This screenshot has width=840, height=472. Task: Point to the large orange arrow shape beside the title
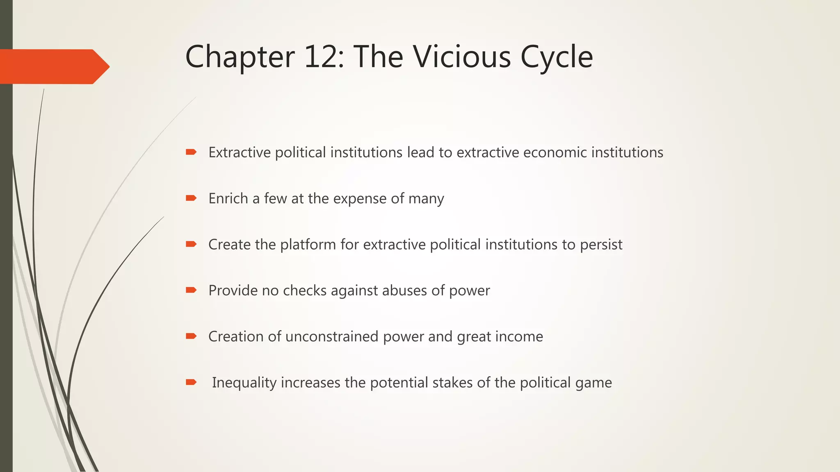pyautogui.click(x=53, y=66)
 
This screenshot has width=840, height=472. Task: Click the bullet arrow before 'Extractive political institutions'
pyautogui.click(x=191, y=152)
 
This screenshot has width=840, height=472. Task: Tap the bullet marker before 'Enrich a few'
pyautogui.click(x=191, y=198)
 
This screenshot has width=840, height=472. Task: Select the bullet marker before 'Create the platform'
pyautogui.click(x=191, y=244)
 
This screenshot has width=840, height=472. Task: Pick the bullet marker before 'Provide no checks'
pyautogui.click(x=191, y=290)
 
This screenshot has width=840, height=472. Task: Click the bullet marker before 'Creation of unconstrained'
pyautogui.click(x=191, y=336)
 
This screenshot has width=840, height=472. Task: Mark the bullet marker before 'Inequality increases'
pyautogui.click(x=191, y=382)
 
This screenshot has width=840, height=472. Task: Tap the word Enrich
pyautogui.click(x=228, y=198)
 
